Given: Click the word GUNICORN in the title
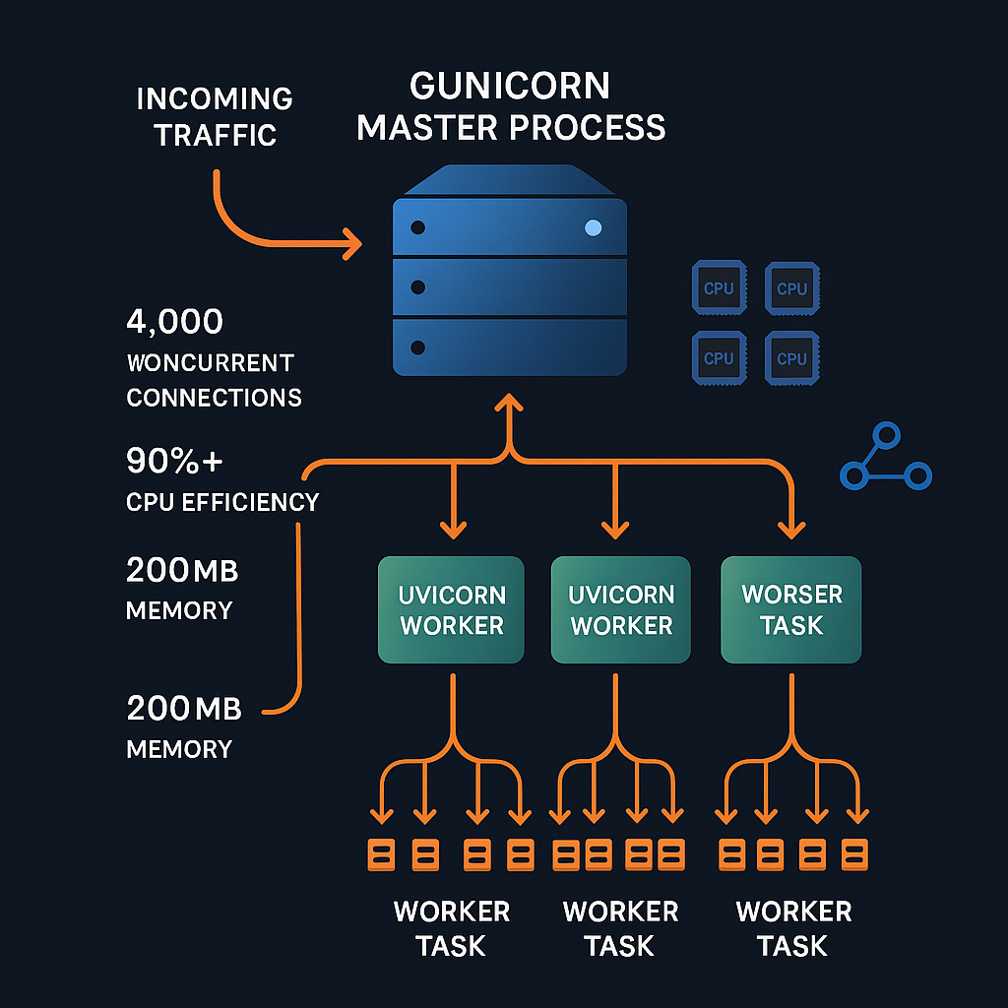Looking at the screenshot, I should pyautogui.click(x=509, y=86).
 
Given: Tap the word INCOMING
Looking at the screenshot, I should pyautogui.click(x=215, y=99).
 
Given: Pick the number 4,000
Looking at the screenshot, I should pyautogui.click(x=175, y=322).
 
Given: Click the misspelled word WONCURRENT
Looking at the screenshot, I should pyautogui.click(x=210, y=362).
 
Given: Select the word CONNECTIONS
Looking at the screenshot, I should pyautogui.click(x=214, y=398).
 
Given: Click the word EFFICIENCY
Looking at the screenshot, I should pyautogui.click(x=251, y=502).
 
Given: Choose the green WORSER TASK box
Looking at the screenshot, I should pyautogui.click(x=791, y=609).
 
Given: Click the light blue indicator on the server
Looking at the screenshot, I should pyautogui.click(x=593, y=228).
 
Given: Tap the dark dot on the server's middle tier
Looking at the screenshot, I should pyautogui.click(x=418, y=287).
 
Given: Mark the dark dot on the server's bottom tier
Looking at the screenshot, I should pyautogui.click(x=418, y=347).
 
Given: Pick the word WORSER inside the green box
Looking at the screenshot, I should pyautogui.click(x=791, y=595).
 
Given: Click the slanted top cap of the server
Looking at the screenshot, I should pyautogui.click(x=510, y=181).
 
